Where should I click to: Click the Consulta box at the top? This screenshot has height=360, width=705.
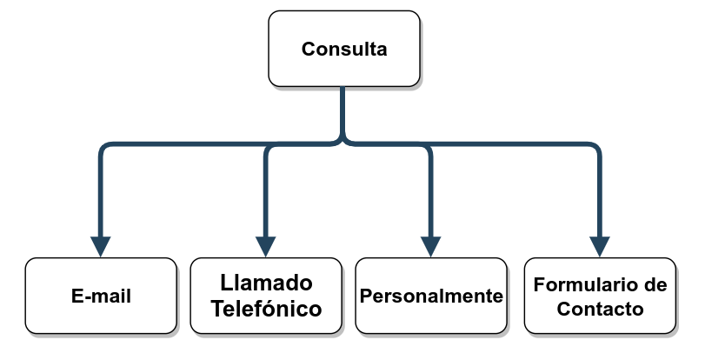(343, 49)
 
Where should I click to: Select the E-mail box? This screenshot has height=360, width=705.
(101, 296)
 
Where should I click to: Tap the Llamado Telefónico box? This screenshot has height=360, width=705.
(266, 296)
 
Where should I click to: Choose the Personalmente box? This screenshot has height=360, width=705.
(431, 296)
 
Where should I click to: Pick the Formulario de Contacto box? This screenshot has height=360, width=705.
(600, 296)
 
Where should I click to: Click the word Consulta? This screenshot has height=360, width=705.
(344, 50)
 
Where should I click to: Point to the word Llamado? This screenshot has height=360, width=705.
(266, 283)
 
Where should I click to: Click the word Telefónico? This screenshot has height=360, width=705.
(266, 308)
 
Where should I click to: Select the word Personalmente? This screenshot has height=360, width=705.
(431, 296)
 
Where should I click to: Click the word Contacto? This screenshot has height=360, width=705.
(600, 308)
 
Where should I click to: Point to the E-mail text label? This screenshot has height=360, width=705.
(101, 297)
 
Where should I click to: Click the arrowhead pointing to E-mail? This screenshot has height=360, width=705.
(101, 246)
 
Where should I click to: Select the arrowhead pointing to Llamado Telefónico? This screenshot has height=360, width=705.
(266, 246)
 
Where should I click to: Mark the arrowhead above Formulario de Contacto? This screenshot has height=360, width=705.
(599, 246)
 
